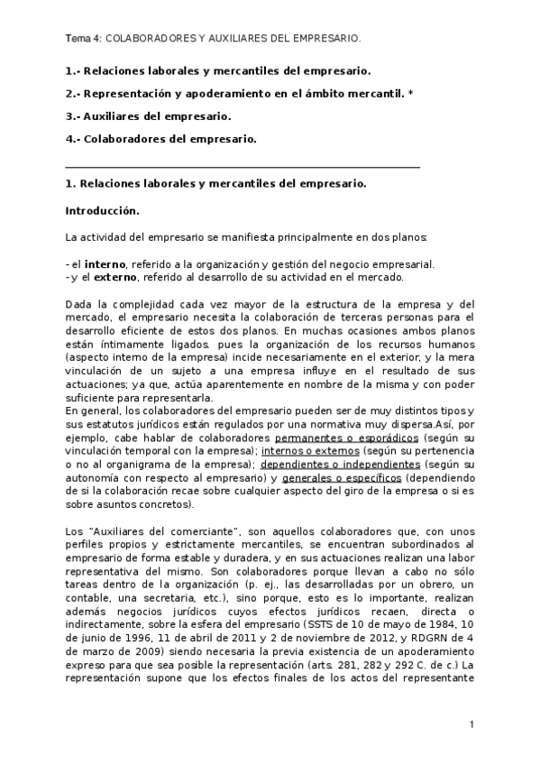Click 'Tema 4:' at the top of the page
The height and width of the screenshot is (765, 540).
point(84,39)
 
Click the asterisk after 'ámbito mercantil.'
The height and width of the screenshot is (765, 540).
point(411,93)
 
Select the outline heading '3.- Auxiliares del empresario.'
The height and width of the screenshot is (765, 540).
point(149,116)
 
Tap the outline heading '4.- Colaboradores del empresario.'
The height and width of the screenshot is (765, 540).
point(161,139)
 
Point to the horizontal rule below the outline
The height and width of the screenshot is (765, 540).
point(243,167)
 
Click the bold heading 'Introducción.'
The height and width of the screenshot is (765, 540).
point(103,211)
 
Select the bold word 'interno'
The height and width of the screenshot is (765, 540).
point(105,264)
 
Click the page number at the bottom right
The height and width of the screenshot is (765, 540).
point(471,724)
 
